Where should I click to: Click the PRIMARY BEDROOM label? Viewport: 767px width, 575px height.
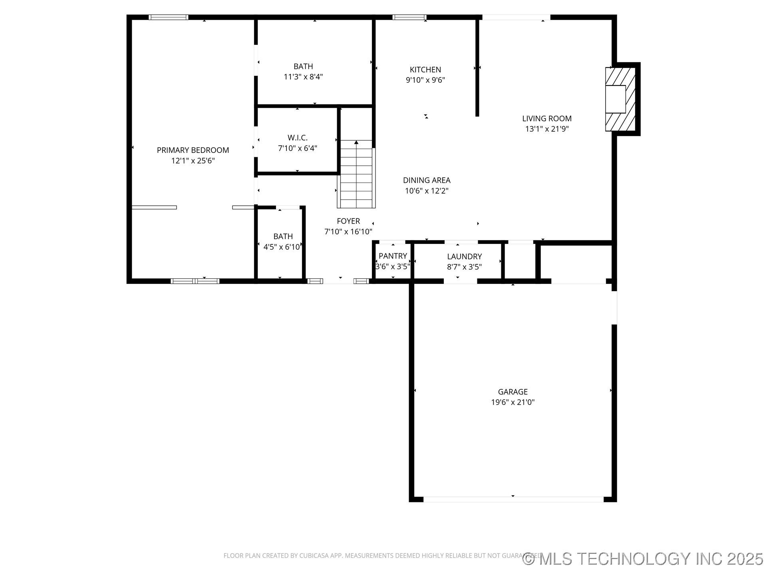coord(193,150)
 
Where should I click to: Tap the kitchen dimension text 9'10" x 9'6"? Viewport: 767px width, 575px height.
coord(425,80)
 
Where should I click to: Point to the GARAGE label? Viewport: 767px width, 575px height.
coord(513,392)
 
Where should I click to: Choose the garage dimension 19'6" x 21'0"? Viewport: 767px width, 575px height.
coord(513,402)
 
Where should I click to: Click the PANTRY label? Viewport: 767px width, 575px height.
coord(393,256)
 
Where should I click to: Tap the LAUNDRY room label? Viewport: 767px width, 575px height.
coord(464,256)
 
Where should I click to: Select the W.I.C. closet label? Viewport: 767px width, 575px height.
coord(298,138)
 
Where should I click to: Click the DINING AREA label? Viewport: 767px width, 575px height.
coord(427,180)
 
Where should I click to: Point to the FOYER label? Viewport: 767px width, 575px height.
coord(348,221)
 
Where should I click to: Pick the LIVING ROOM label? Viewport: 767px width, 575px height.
coord(546,119)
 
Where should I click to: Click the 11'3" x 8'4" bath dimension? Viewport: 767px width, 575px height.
coord(303,77)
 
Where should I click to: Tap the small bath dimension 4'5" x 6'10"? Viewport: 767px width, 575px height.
coord(282,247)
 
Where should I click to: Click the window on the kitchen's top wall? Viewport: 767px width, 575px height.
coord(409,17)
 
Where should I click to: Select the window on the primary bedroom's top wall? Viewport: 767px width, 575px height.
coord(168,17)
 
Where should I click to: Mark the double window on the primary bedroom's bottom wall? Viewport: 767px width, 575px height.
coord(195,281)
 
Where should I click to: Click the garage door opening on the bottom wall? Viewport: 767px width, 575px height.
coord(513,499)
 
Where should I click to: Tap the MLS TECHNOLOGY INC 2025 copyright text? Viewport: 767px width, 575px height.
coord(643,559)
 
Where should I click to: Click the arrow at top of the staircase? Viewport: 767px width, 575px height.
coord(356,142)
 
